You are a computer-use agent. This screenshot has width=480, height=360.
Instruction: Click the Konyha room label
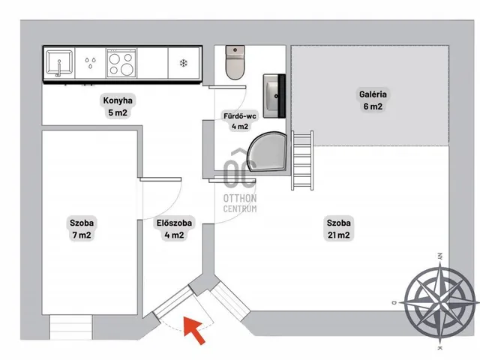(x=118, y=106)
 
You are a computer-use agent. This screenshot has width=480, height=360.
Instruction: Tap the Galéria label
(x=373, y=100)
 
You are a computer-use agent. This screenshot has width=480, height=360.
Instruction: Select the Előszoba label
(x=174, y=229)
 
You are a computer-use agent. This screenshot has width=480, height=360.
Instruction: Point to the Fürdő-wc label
(x=240, y=121)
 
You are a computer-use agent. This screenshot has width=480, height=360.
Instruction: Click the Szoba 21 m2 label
(x=338, y=229)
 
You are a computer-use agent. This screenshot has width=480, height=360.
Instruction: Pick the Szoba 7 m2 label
(x=82, y=229)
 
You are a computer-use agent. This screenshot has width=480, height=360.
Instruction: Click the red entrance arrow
(x=193, y=330)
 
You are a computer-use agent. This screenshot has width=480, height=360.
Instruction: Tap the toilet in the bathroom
(x=235, y=62)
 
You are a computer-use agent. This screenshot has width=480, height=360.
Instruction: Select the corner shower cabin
(x=267, y=151)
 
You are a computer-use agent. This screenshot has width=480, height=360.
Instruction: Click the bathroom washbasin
(x=274, y=96)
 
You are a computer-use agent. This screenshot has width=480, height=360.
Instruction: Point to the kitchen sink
(x=59, y=63)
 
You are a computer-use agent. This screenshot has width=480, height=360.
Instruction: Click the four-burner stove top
(x=121, y=63)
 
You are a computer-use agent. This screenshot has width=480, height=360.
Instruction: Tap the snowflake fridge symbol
(x=183, y=63)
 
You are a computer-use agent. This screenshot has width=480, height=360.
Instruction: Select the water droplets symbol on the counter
(x=90, y=63)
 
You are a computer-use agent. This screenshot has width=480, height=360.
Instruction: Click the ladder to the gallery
(x=302, y=160)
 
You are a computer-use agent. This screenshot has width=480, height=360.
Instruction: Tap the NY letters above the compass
(x=440, y=256)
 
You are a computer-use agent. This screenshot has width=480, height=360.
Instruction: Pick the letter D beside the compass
(x=394, y=303)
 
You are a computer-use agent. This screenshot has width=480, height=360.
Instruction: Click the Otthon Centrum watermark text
(x=240, y=203)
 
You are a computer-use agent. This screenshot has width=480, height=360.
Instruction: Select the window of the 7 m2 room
(x=70, y=327)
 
